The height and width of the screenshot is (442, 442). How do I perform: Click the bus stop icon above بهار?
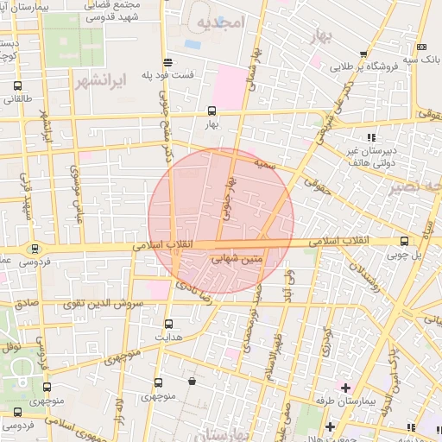(x=212, y=110)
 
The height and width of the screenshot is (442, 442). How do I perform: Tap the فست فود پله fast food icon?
(x=167, y=61)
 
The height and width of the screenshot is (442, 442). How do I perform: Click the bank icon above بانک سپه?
(x=420, y=47)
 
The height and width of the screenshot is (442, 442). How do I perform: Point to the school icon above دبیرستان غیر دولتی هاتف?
(x=371, y=136)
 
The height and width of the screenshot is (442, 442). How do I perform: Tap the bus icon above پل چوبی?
(x=404, y=242)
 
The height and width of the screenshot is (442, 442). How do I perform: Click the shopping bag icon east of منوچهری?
(x=191, y=381)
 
